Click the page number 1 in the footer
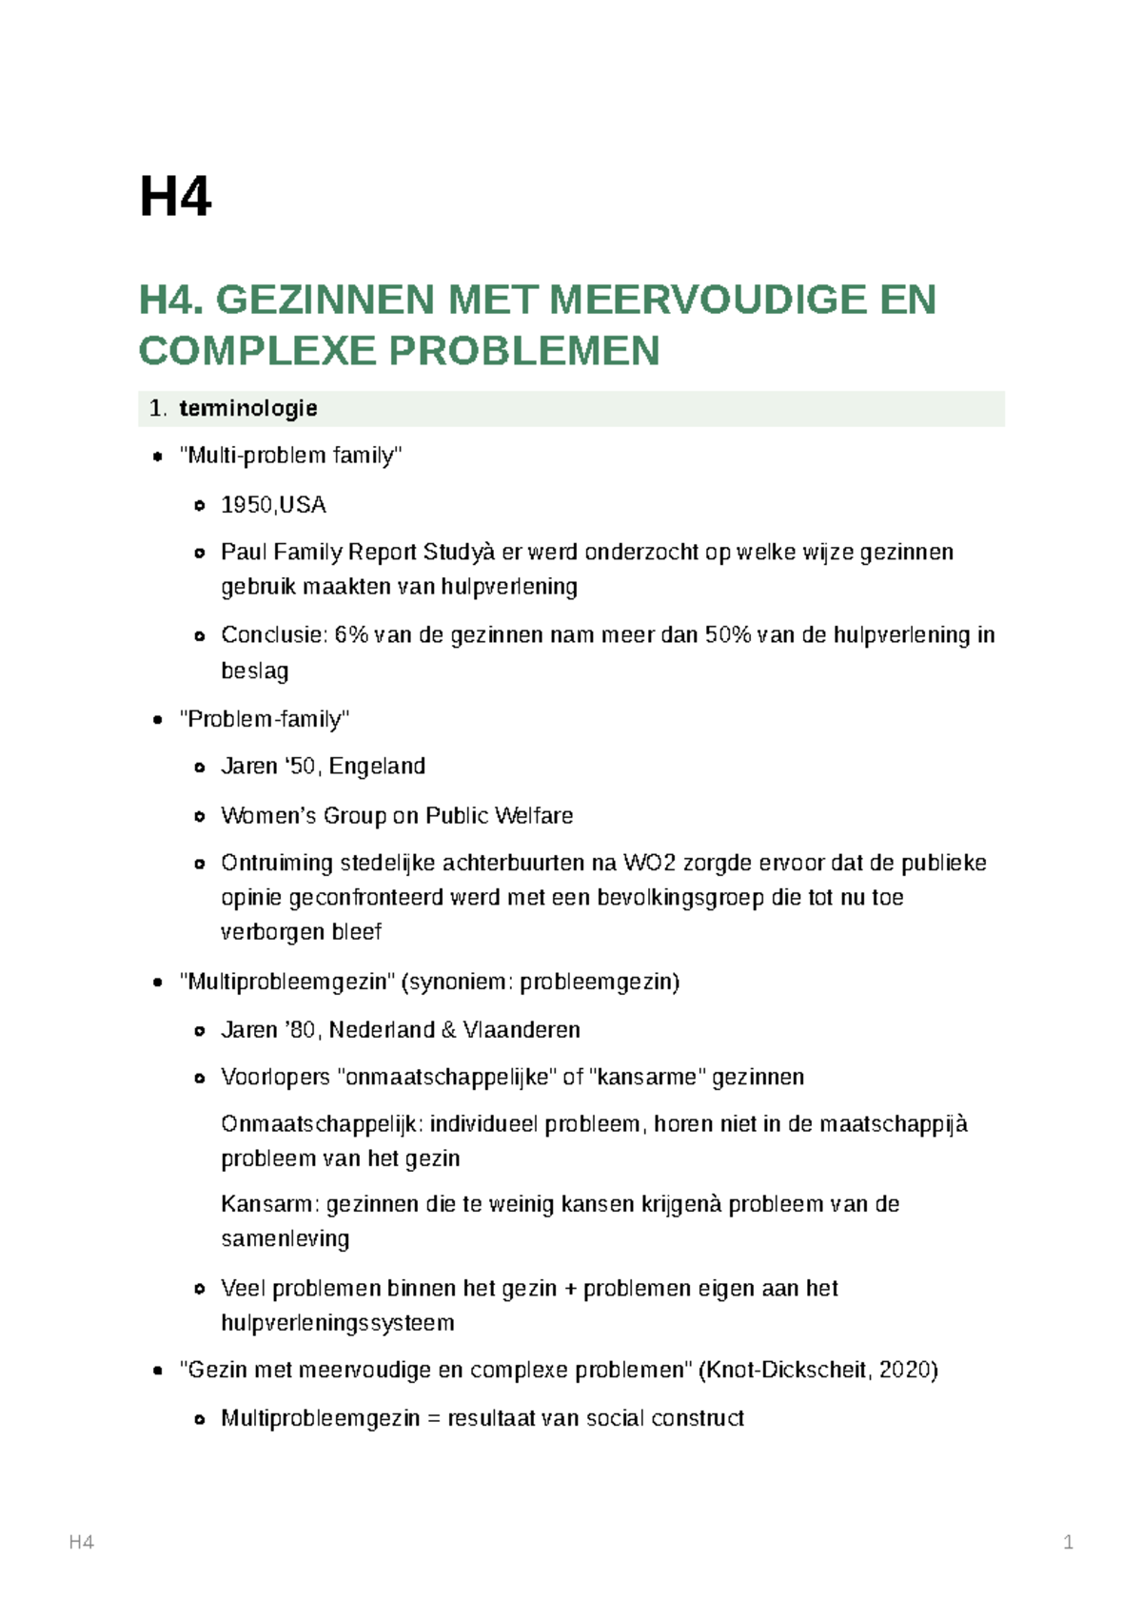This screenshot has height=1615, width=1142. tap(1068, 1543)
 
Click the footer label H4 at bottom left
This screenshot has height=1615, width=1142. tap(82, 1543)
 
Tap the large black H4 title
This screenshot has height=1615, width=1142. tap(175, 197)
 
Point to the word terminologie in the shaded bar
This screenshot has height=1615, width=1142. tap(248, 408)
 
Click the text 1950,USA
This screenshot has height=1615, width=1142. tap(273, 505)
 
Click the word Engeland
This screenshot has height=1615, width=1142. tap(377, 767)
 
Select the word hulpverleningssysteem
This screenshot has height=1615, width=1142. tap(337, 1323)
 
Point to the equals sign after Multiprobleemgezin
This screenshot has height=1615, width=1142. tap(434, 1419)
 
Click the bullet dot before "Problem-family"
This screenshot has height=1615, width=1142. tap(158, 720)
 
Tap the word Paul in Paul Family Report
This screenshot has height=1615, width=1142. tap(243, 553)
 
